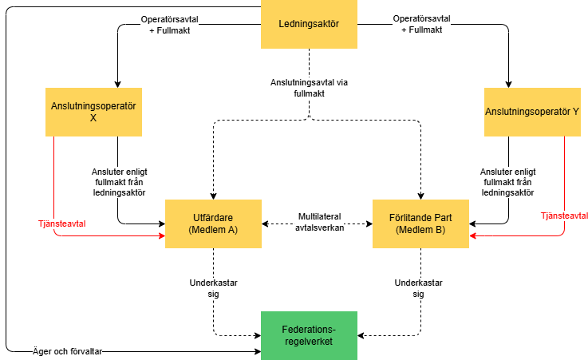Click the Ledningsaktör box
click(x=310, y=24)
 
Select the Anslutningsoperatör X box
click(x=93, y=111)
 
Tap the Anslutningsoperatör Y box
click(x=532, y=111)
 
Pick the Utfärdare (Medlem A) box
click(x=213, y=224)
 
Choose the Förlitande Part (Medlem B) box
click(x=421, y=224)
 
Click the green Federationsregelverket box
click(x=310, y=335)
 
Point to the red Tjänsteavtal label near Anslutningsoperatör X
click(x=62, y=224)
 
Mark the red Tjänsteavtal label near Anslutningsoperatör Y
click(x=563, y=216)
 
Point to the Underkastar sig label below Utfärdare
click(x=213, y=287)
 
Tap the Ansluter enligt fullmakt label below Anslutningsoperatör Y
click(x=508, y=181)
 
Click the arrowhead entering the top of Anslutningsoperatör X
click(x=117, y=84)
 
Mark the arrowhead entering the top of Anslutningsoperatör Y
click(x=508, y=84)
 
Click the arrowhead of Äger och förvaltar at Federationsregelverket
click(x=257, y=351)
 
